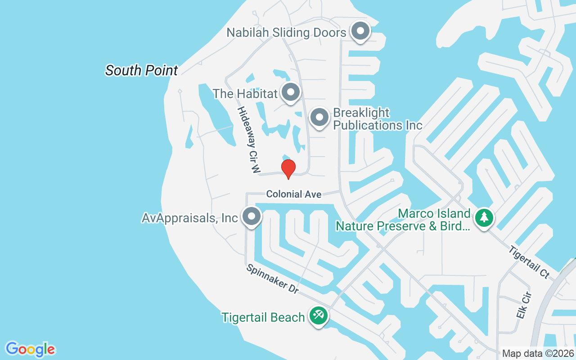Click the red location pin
click(x=288, y=169)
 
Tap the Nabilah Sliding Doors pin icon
click(x=360, y=31)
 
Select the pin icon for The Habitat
click(x=291, y=92)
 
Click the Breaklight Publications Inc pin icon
click(x=319, y=117)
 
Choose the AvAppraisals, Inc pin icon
click(x=252, y=217)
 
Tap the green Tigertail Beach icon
click(x=319, y=316)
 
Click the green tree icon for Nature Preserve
click(x=484, y=218)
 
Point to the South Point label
click(x=142, y=70)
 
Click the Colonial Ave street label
click(x=293, y=194)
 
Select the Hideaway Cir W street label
click(x=249, y=139)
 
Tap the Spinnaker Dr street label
click(x=273, y=279)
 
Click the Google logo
click(x=31, y=349)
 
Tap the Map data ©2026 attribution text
click(x=538, y=353)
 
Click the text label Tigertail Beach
click(x=263, y=317)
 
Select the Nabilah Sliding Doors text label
click(x=286, y=32)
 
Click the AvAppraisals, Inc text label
click(x=189, y=218)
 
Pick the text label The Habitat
click(x=245, y=94)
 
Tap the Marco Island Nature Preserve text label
click(x=403, y=220)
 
